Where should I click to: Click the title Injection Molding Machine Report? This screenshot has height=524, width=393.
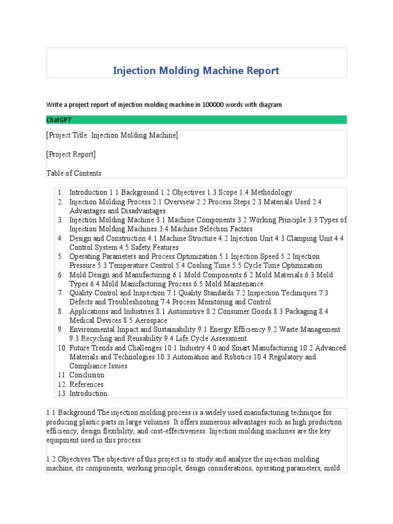196,71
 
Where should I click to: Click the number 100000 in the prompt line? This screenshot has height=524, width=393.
214,104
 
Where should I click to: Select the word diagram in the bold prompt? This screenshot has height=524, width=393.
270,104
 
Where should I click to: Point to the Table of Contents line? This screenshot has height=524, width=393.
74,173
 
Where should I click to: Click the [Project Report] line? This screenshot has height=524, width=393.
71,154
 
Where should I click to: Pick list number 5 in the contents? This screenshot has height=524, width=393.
60,256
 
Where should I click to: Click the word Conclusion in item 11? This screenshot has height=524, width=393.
86,375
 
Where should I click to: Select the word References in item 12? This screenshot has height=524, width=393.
86,384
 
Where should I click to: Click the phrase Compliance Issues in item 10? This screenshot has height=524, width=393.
98,366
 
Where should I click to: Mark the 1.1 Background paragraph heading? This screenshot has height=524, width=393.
70,412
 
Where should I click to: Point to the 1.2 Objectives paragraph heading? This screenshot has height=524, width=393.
70,460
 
